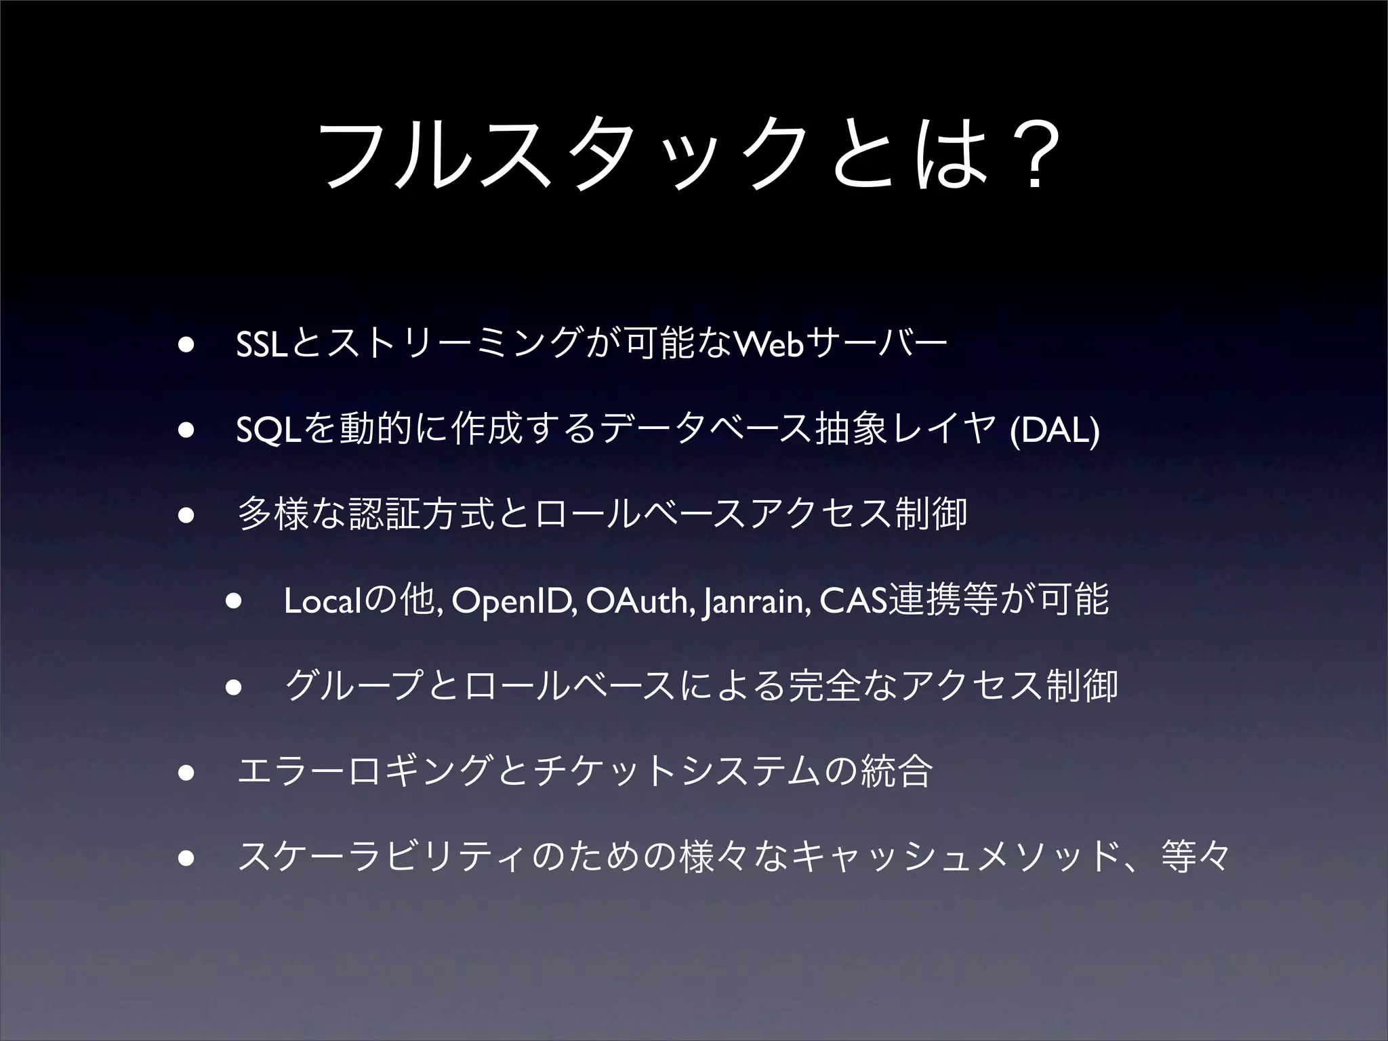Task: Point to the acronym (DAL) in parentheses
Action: pyautogui.click(x=1054, y=431)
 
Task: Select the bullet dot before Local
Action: pyautogui.click(x=234, y=600)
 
